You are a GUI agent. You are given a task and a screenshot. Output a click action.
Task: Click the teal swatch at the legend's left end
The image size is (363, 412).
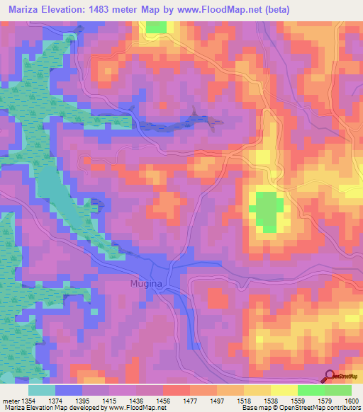tap(42, 390)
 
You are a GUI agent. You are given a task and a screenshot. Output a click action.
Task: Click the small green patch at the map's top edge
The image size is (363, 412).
tap(157, 27)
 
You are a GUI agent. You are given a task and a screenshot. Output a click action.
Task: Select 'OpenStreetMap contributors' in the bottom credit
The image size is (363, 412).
tap(330, 408)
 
